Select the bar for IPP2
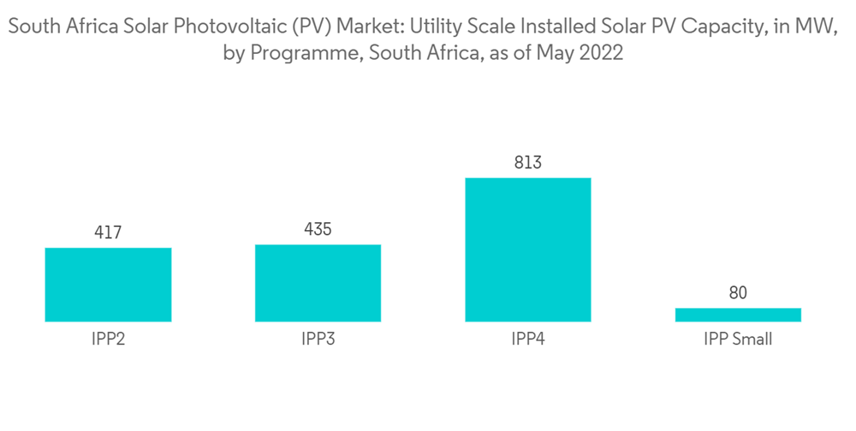coord(108,285)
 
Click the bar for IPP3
coord(318,283)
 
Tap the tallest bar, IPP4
coord(528,250)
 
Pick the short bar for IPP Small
coord(738,315)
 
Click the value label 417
coord(108,232)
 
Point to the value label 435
coord(318,228)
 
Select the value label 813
coord(528,162)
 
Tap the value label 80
coord(738,292)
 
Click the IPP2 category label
coord(108,339)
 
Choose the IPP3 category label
coord(318,339)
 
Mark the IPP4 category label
coord(528,339)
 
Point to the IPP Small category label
coord(738,339)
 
